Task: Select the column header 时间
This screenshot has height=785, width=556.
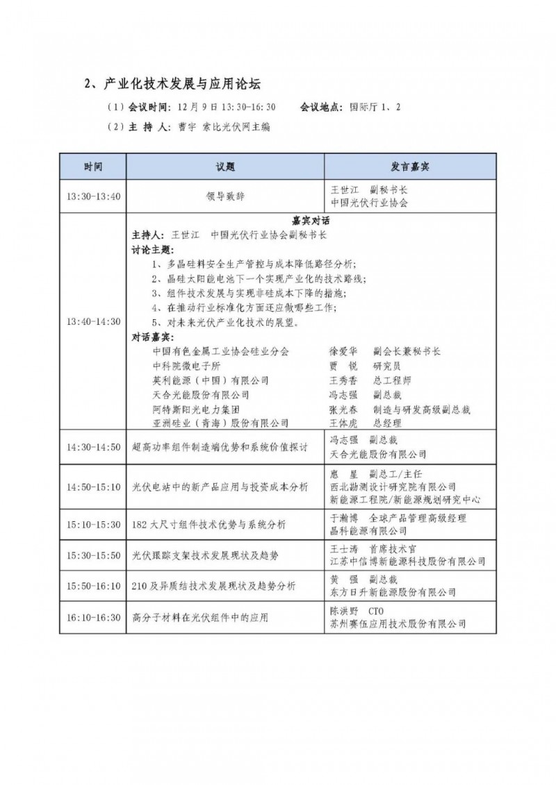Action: (94, 167)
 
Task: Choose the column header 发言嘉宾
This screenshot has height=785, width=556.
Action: (410, 167)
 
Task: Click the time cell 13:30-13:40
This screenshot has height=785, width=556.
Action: (94, 196)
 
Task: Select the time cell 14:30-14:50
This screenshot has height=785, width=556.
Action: (94, 446)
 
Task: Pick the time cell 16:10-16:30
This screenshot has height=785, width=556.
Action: (94, 617)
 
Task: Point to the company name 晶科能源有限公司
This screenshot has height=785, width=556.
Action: (368, 531)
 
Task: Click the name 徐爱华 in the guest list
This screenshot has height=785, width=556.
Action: (343, 352)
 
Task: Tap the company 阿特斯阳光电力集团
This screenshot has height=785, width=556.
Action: (195, 409)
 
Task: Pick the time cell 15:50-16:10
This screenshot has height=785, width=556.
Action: (94, 586)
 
